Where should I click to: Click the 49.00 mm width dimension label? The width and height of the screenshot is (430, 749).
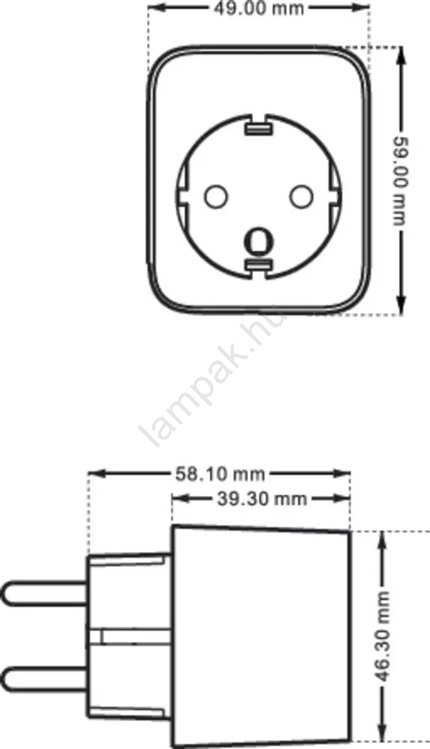pyautogui.click(x=258, y=8)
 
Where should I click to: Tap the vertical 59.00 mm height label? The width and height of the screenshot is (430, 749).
pyautogui.click(x=400, y=181)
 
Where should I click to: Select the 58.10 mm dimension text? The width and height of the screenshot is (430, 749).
pyautogui.click(x=219, y=474)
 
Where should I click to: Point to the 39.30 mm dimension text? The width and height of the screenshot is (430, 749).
pyautogui.click(x=262, y=499)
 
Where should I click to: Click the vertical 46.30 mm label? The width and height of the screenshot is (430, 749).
pyautogui.click(x=382, y=636)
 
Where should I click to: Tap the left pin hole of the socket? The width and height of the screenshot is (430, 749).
pyautogui.click(x=216, y=195)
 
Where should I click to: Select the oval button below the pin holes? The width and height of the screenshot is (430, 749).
pyautogui.click(x=258, y=240)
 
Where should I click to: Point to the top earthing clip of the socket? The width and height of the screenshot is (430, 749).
pyautogui.click(x=258, y=129)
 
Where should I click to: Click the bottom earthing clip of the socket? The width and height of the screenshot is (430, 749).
pyautogui.click(x=258, y=264)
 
